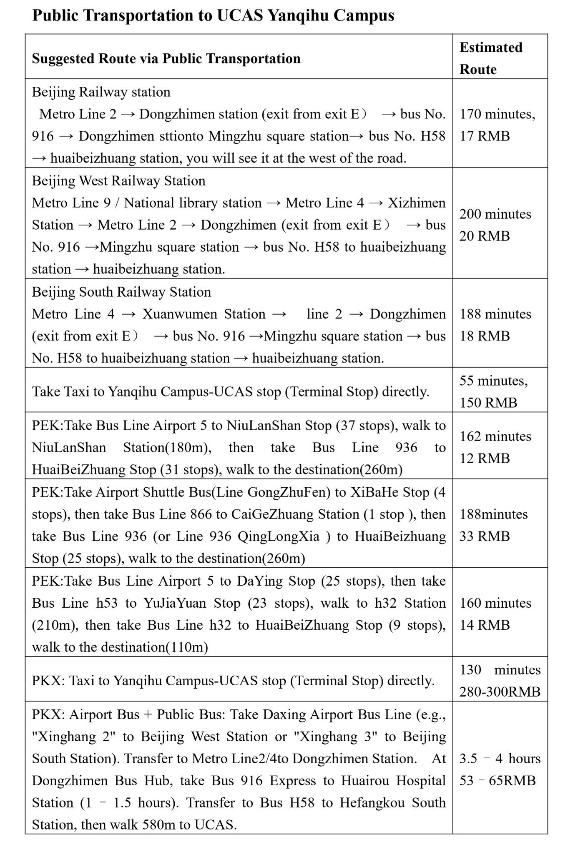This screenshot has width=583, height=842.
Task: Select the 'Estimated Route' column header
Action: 491,58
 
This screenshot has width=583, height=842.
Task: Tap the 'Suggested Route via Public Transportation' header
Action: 166,59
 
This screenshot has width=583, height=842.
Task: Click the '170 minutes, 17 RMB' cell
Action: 497,125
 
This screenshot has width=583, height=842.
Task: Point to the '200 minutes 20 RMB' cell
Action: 495,225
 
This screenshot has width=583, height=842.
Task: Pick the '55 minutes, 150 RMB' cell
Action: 493,391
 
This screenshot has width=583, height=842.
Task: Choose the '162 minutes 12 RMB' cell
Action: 495,447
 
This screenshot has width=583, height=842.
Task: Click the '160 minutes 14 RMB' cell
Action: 495,614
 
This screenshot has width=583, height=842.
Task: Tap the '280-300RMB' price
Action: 500,692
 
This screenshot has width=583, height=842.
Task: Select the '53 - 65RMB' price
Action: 497,780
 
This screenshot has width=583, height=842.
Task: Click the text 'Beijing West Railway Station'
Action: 118,181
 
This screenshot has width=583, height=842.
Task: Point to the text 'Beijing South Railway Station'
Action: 121,292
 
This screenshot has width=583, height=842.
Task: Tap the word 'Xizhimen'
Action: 417,203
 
